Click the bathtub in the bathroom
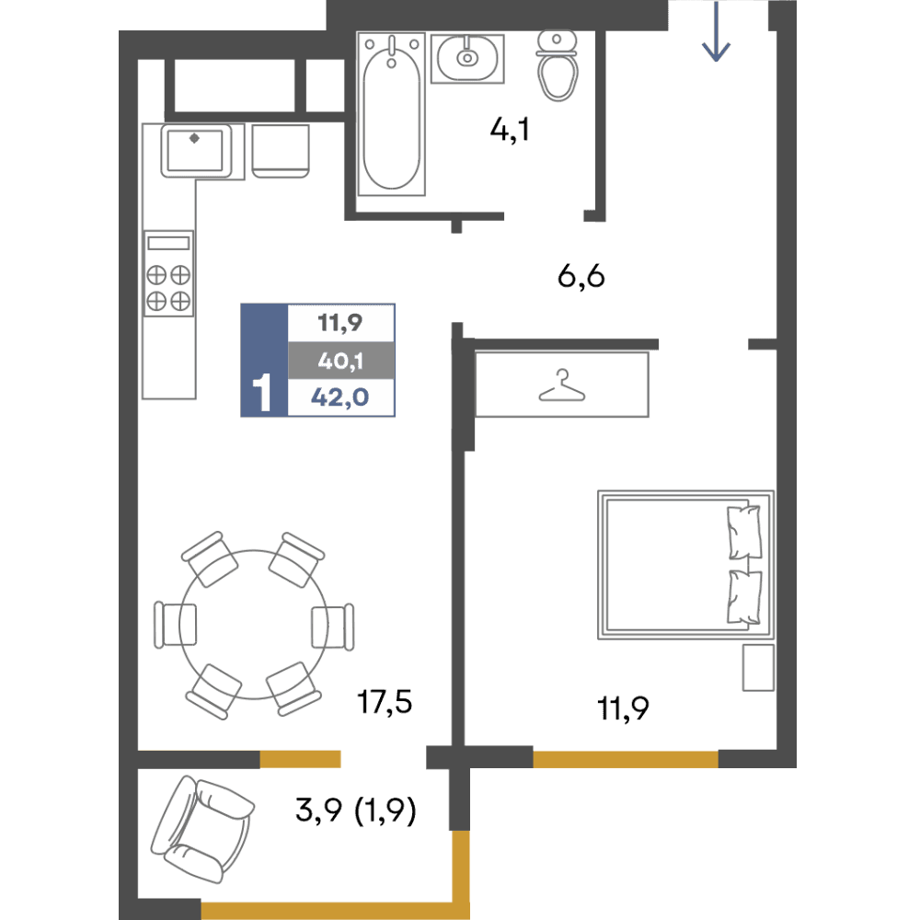pos(391,114)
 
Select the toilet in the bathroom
pos(557,65)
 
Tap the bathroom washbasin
pos(467,58)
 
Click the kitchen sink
pos(195,151)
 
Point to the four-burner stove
pos(169,273)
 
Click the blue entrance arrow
pos(716,31)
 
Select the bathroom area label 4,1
pos(510,130)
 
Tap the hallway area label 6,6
pos(581,276)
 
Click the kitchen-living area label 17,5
pos(385,702)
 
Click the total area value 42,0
pos(339,397)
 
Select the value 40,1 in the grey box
pos(340,361)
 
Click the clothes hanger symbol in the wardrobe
pos(562,386)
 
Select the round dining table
pos(254,625)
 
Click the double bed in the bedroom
pos(685,565)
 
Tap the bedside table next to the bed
pos(758,668)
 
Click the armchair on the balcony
pos(202,829)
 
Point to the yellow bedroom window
pos(626,759)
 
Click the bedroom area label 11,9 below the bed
pos(623,708)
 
